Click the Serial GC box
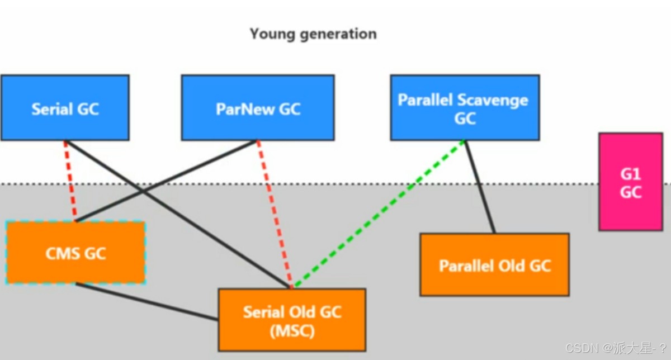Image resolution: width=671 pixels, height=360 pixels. coord(65,108)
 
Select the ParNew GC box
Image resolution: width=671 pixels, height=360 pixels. coord(258,108)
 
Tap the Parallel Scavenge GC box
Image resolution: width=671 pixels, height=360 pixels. coord(465,108)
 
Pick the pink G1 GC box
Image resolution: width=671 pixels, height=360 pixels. coord(630,182)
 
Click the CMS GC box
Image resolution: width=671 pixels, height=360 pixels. coord(75,253)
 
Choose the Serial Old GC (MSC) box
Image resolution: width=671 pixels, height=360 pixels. coord(292,320)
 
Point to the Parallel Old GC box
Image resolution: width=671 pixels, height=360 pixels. coord(494,265)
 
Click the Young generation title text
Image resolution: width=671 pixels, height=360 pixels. coord(313,34)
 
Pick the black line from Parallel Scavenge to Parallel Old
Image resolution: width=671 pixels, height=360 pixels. coord(480,187)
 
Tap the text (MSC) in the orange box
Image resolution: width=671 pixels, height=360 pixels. coord(292,331)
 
